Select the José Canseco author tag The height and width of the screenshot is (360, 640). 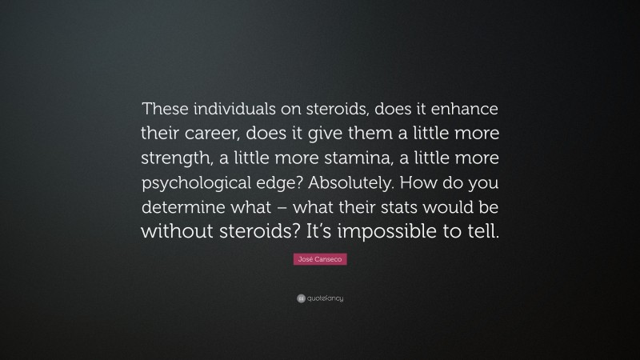click(x=320, y=260)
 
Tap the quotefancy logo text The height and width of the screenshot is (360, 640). click(x=324, y=298)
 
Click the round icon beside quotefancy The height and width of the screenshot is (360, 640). click(x=300, y=298)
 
